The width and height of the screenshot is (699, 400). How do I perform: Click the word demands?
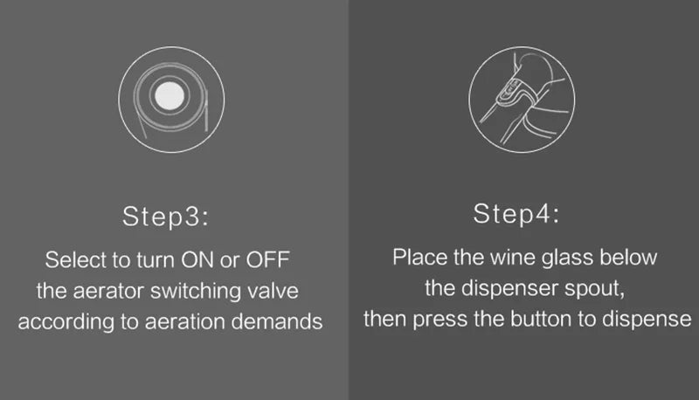(280, 321)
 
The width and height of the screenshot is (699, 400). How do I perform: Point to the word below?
(630, 258)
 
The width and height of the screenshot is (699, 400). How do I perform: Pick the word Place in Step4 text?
(417, 258)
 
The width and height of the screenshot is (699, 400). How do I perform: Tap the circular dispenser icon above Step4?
(522, 96)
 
